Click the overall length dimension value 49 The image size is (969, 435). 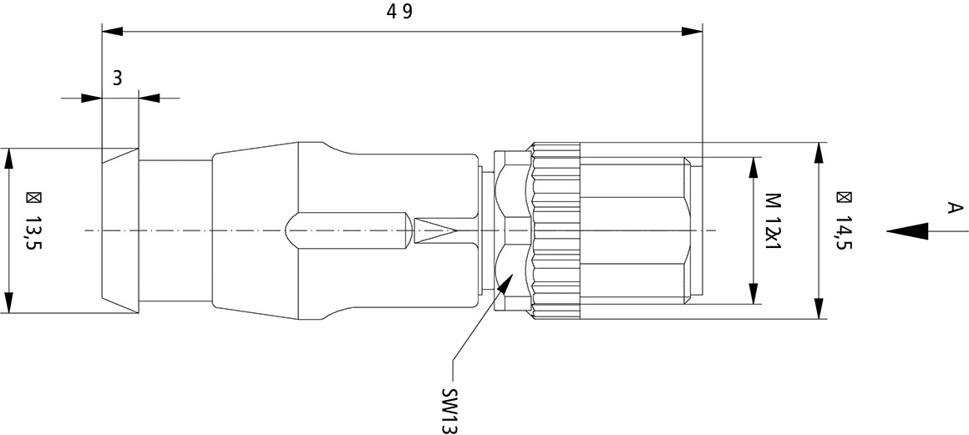[399, 13]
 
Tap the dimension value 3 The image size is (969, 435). [118, 78]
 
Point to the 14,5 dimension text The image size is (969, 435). [844, 228]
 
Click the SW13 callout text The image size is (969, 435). [450, 410]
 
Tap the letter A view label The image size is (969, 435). [955, 208]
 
